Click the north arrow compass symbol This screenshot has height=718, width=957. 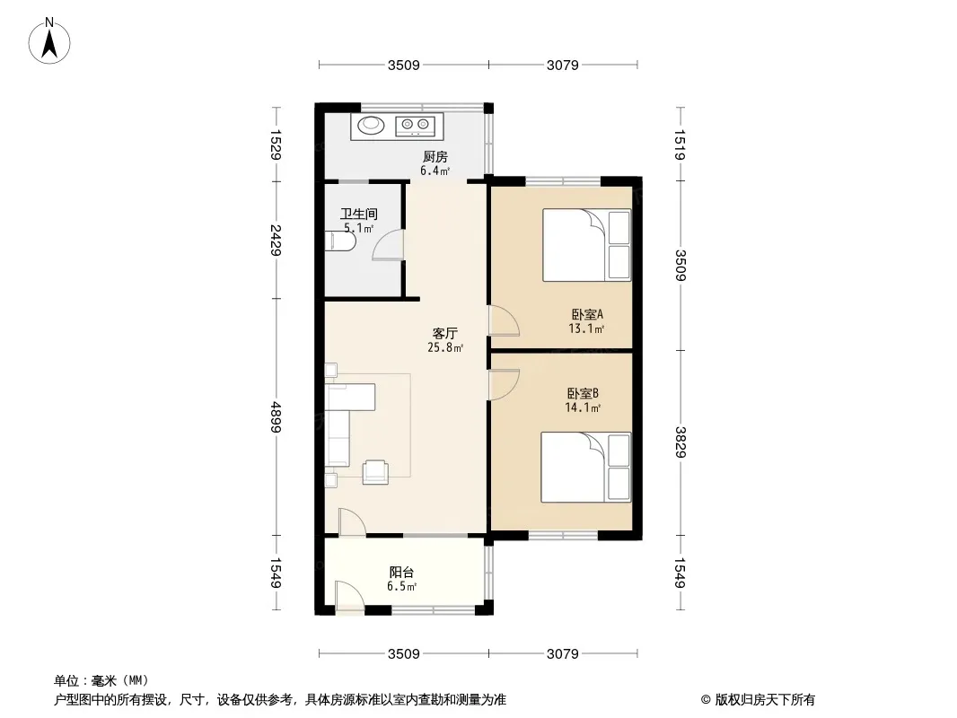pos(49,40)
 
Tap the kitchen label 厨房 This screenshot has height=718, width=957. pos(435,157)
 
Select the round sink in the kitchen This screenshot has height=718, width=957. pos(371,125)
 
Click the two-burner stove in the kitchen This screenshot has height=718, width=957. pos(415,126)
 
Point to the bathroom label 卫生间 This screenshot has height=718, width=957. pos(359,215)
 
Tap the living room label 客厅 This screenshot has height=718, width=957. pos(445,333)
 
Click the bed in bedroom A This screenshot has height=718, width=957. pos(586,245)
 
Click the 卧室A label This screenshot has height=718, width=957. pos(587,315)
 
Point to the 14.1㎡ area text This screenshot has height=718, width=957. pos(584,407)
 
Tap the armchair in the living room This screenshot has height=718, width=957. pos(375,472)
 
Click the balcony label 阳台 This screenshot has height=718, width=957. pos(401,573)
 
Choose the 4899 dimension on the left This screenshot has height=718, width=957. pos(276,416)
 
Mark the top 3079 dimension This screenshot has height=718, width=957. pos(562,65)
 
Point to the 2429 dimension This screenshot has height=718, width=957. pos(276,240)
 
